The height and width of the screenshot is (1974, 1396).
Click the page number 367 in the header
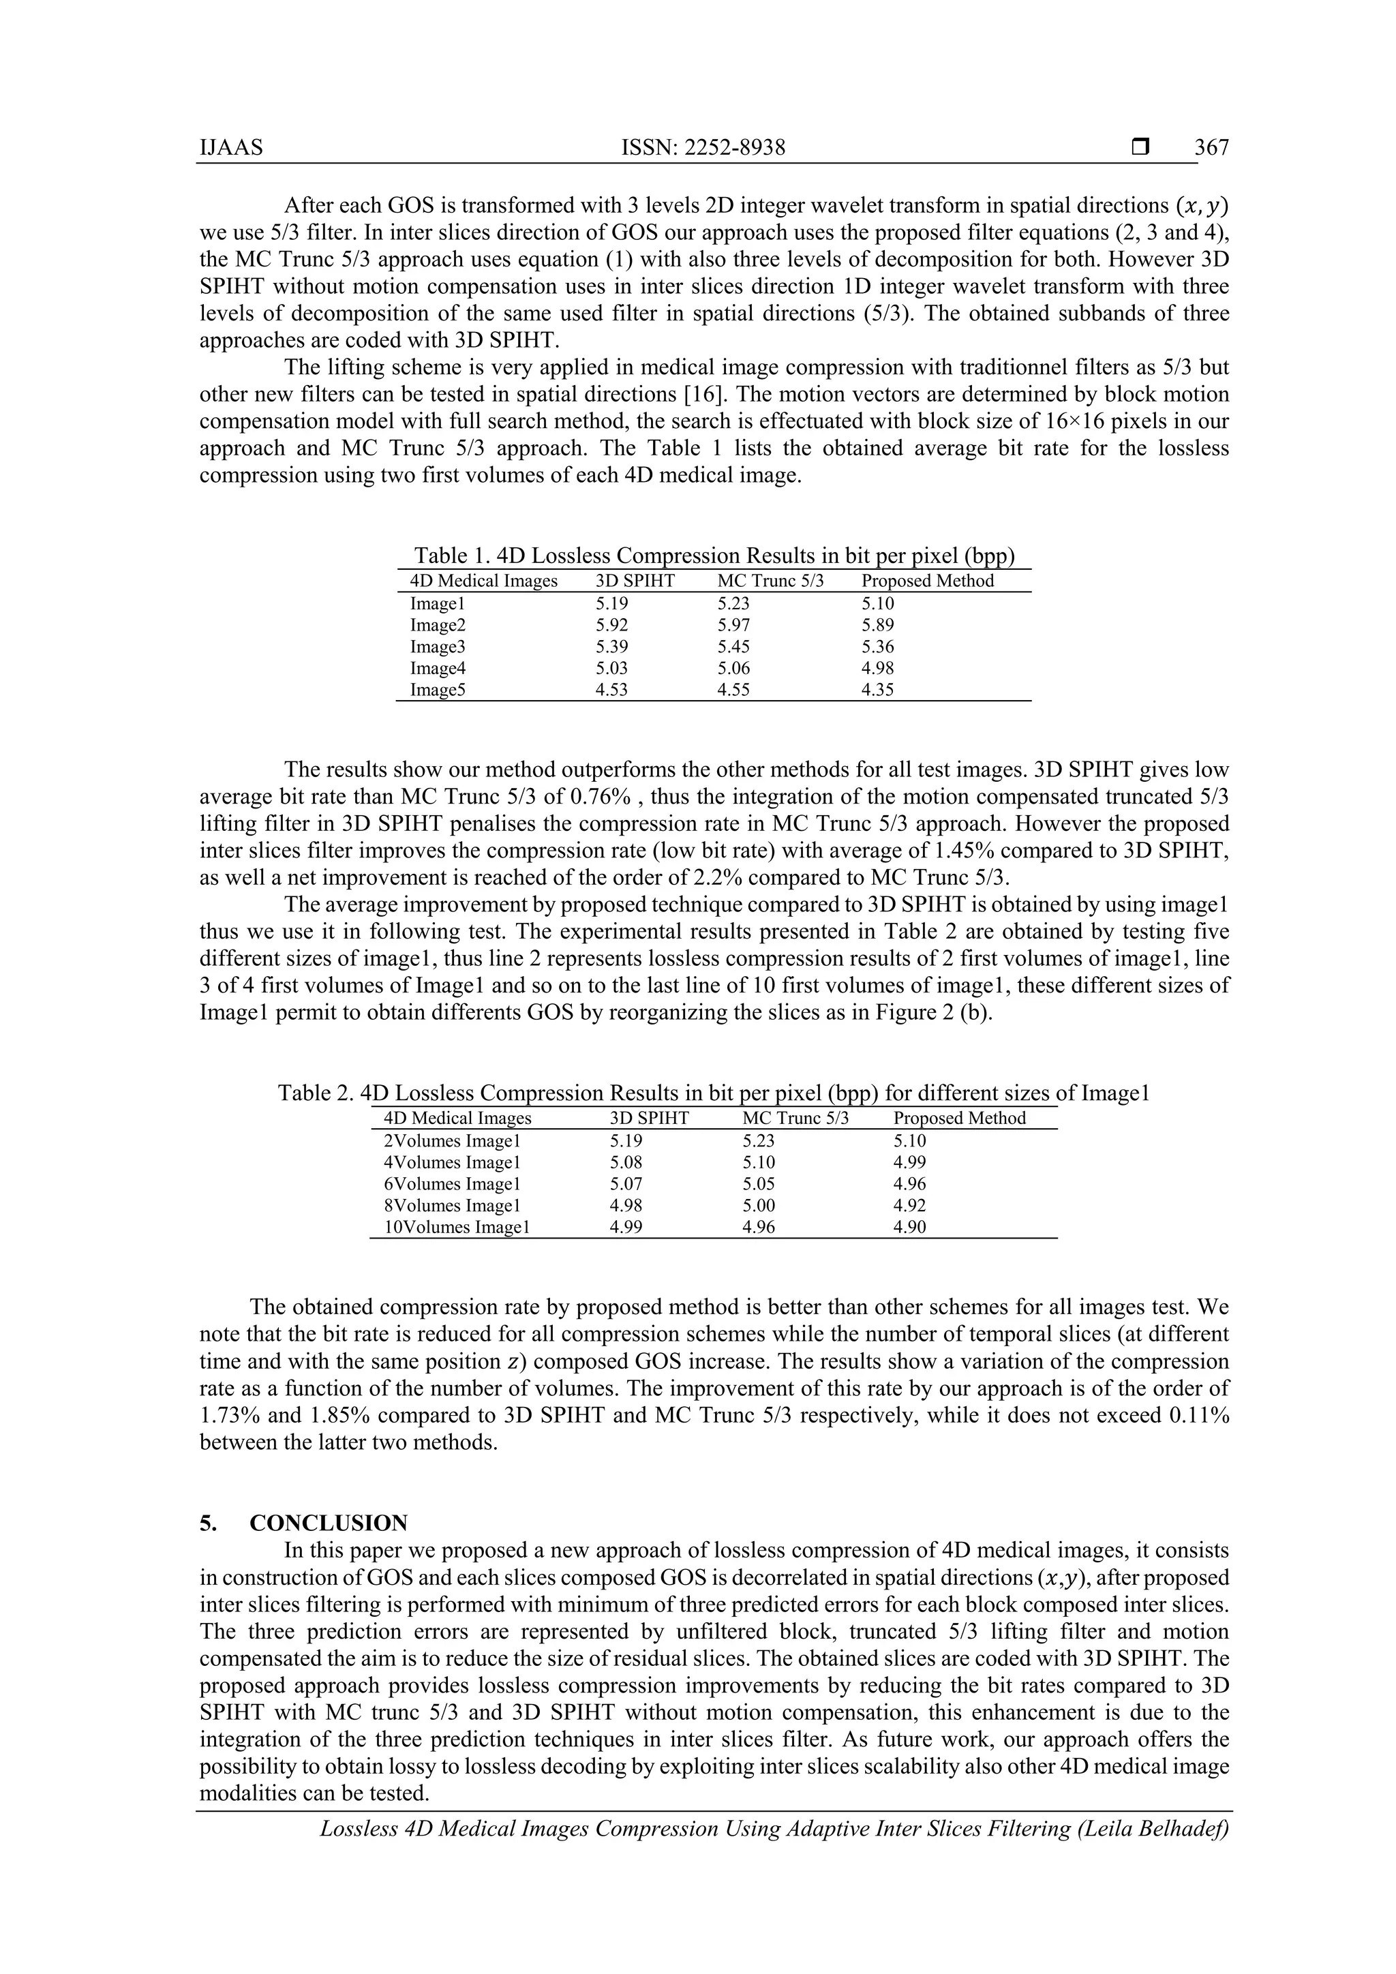(x=1212, y=148)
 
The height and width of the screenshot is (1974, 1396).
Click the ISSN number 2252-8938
(x=735, y=148)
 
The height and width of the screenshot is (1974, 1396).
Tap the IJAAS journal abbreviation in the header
(x=231, y=148)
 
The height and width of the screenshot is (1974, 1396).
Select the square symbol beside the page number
(x=1140, y=147)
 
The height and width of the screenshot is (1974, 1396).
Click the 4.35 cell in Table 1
(x=878, y=690)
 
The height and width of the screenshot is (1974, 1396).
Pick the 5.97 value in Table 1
(x=733, y=625)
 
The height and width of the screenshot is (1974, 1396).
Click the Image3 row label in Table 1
(x=438, y=647)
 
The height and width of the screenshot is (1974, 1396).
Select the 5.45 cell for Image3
(x=733, y=647)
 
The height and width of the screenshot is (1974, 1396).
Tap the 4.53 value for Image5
(x=611, y=690)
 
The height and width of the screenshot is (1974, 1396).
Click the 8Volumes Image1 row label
(x=452, y=1205)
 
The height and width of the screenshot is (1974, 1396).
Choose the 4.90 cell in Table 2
(x=909, y=1227)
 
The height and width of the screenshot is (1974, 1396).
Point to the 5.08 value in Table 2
(x=626, y=1162)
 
